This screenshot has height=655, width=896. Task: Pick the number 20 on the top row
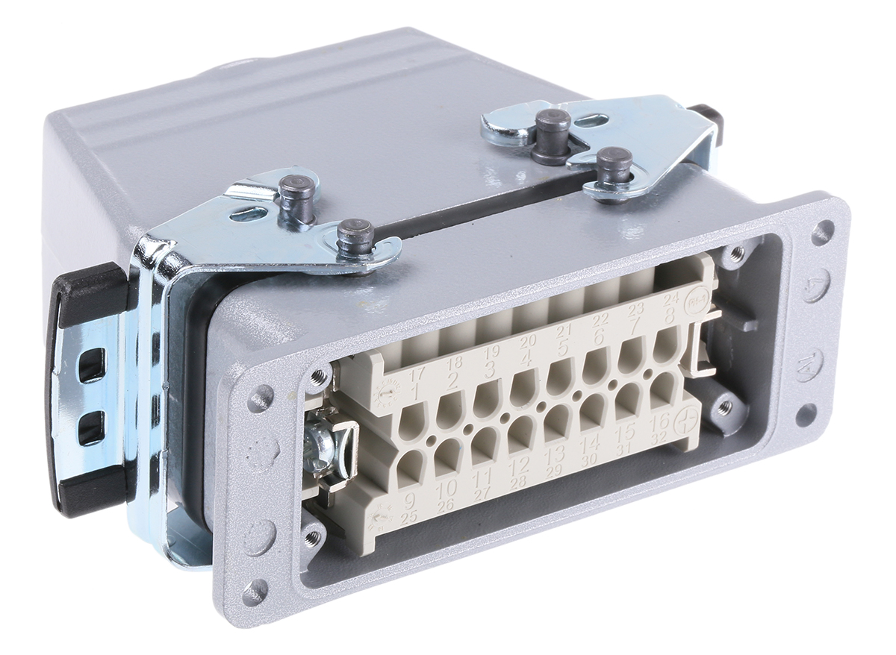(528, 340)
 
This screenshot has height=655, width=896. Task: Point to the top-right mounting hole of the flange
(823, 231)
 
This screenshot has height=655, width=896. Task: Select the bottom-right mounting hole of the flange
(806, 415)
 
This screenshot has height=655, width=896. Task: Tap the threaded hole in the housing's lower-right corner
(724, 407)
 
